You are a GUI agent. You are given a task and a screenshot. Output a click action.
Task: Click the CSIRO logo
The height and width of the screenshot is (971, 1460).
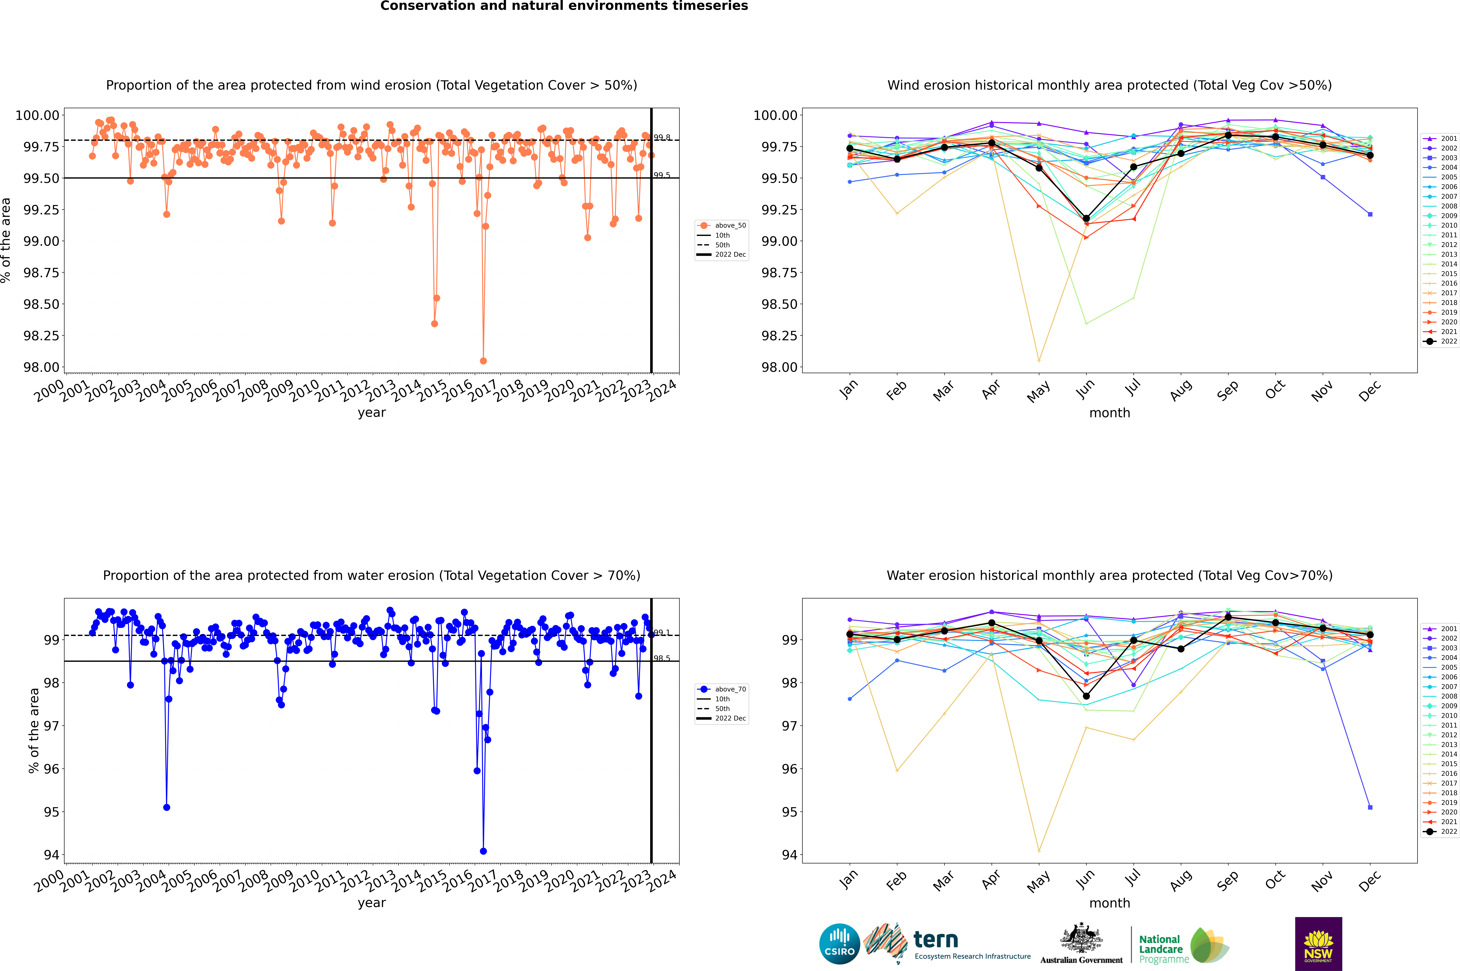(839, 944)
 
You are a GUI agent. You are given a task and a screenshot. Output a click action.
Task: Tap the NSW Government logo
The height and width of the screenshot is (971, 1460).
(1318, 944)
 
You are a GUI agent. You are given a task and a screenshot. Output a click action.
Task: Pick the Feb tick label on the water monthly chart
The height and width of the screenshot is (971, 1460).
(896, 881)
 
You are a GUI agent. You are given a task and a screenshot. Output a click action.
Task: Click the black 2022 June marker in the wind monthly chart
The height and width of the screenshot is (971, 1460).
(1086, 219)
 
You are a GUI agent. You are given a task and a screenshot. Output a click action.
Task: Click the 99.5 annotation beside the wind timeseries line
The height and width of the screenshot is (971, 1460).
(662, 175)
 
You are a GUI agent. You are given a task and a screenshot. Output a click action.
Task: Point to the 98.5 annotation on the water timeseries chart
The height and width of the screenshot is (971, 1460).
(662, 658)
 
